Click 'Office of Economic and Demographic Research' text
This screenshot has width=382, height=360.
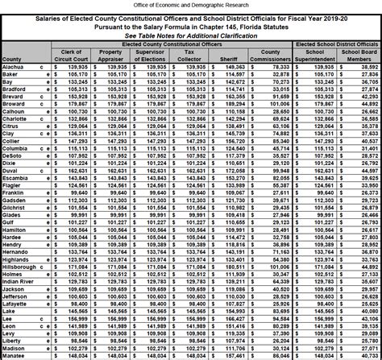click(x=191, y=4)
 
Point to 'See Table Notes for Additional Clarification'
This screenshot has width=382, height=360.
click(x=191, y=36)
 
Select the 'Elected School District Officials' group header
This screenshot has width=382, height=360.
click(x=339, y=44)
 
